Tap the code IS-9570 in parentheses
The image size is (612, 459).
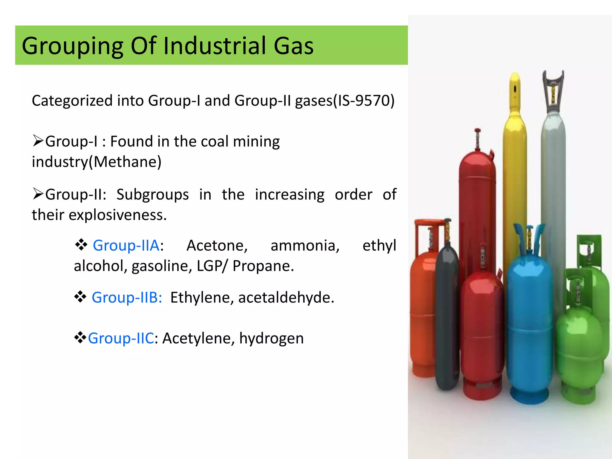pyautogui.click(x=364, y=101)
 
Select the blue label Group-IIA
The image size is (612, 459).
pyautogui.click(x=126, y=246)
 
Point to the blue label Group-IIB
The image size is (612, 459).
pyautogui.click(x=127, y=298)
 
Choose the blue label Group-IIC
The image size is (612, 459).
pyautogui.click(x=121, y=339)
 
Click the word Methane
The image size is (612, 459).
pyautogui.click(x=127, y=162)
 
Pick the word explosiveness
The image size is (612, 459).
pyautogui.click(x=117, y=215)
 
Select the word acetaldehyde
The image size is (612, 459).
pyautogui.click(x=286, y=298)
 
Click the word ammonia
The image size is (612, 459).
pyautogui.click(x=305, y=246)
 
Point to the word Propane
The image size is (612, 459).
pyautogui.click(x=263, y=266)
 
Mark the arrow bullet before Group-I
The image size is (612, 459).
pyautogui.click(x=38, y=141)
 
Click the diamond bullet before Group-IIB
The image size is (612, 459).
pyautogui.click(x=80, y=297)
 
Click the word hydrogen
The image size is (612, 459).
pyautogui.click(x=271, y=339)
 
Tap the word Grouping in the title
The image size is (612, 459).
pyautogui.click(x=72, y=46)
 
